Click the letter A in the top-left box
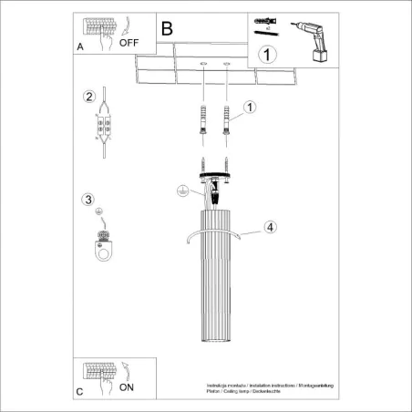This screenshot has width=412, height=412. click(80, 44)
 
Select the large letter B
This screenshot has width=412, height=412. click(167, 28)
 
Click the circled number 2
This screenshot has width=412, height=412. click(88, 97)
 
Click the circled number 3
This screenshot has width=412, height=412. click(88, 200)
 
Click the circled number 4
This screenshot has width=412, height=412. click(271, 226)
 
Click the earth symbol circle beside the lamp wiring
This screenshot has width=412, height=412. click(182, 191)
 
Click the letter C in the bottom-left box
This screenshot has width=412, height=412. click(80, 391)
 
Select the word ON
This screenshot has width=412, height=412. click(126, 387)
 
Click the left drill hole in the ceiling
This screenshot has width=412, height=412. click(201, 64)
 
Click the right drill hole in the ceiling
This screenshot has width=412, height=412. click(223, 64)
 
